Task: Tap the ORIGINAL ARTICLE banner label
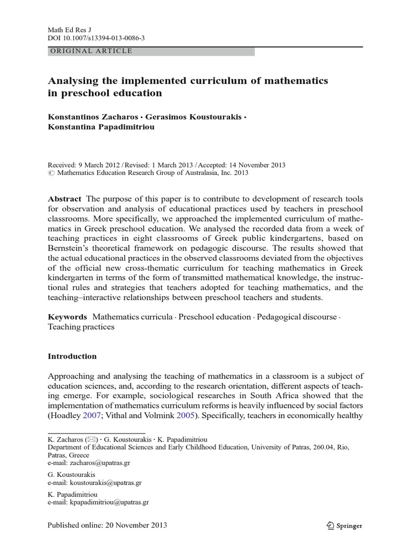coord(90,51)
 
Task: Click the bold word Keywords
coord(67,317)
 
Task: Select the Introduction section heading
coord(72,356)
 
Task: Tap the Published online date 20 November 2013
coord(132,525)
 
